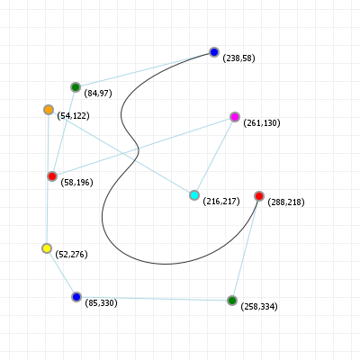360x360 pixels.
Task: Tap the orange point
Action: [49, 110]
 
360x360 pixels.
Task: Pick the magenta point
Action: [235, 117]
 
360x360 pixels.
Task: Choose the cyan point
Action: [194, 195]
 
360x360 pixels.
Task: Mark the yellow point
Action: [47, 248]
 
